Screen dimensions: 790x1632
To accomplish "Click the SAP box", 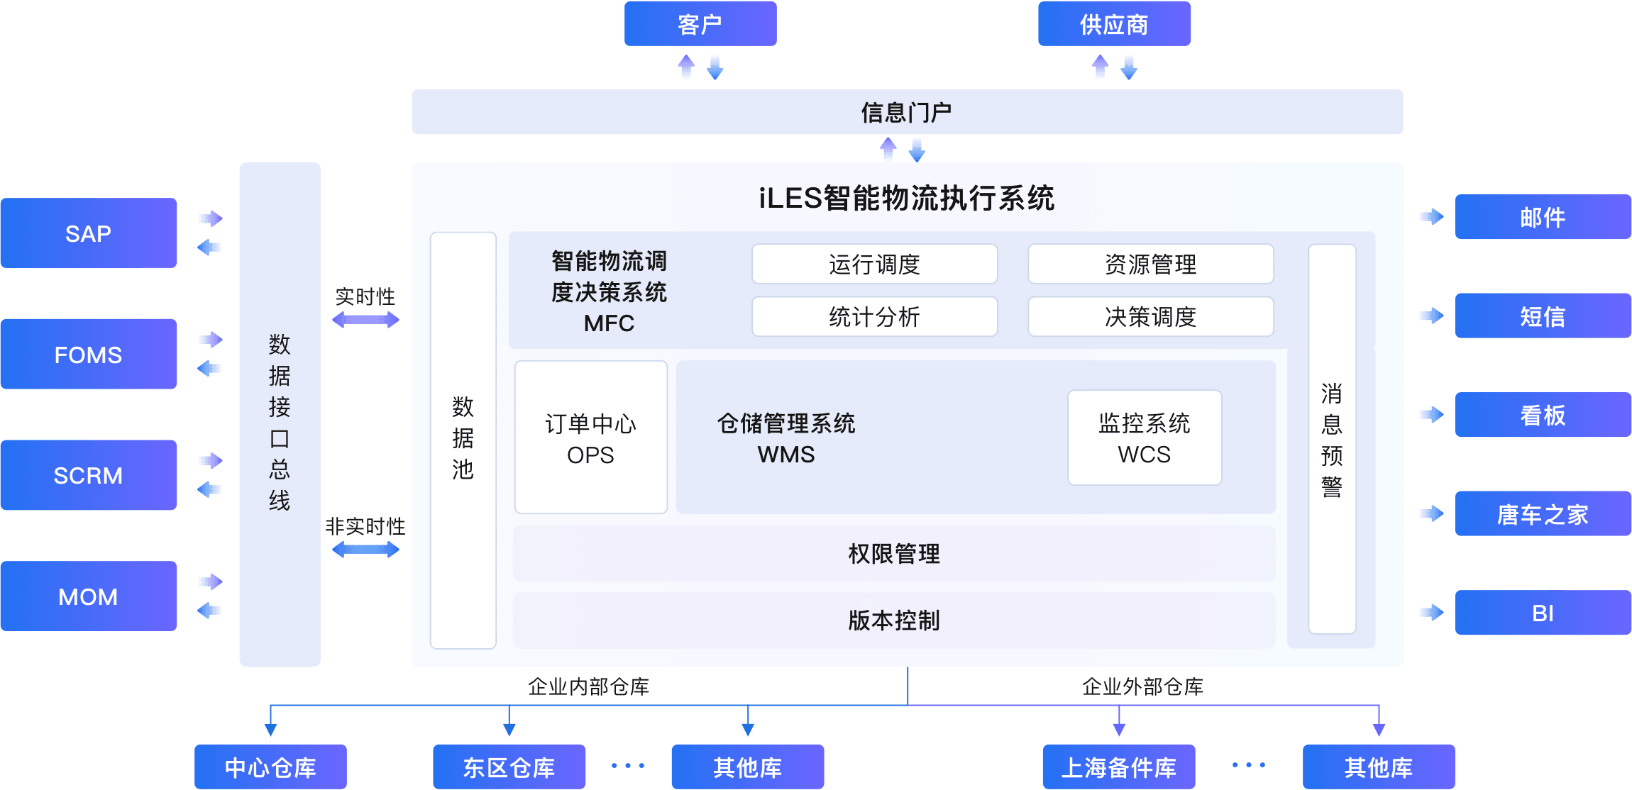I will click(x=89, y=233).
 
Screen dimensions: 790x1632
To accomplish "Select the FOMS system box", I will click(x=89, y=354).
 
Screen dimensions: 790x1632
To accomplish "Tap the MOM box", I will click(x=89, y=596).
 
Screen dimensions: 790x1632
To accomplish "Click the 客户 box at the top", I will click(x=700, y=24).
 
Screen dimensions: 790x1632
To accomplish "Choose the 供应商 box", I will click(x=1114, y=24).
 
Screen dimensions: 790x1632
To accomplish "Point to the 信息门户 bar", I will click(x=906, y=112).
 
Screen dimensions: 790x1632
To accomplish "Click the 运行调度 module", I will click(x=874, y=265).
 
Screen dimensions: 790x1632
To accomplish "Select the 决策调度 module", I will click(x=1150, y=317).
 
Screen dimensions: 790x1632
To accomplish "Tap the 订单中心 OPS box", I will click(x=590, y=438).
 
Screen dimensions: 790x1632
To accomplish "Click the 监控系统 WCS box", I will click(x=1144, y=438).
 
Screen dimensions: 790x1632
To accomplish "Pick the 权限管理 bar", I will click(x=893, y=554).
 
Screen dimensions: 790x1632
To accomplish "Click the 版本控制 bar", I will click(x=893, y=621).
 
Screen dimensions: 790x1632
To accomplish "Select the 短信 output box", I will click(x=1542, y=316).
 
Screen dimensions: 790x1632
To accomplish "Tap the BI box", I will click(x=1542, y=613).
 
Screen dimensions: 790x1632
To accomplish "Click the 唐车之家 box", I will click(x=1542, y=514).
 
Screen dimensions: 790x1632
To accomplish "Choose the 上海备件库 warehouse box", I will click(x=1118, y=767).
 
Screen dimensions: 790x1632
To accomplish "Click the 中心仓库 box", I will click(x=270, y=767).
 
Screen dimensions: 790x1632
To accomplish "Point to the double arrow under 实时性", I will click(x=365, y=320).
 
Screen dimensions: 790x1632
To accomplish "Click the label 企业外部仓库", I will click(x=1142, y=686).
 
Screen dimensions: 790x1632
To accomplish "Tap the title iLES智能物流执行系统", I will click(x=906, y=198).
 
